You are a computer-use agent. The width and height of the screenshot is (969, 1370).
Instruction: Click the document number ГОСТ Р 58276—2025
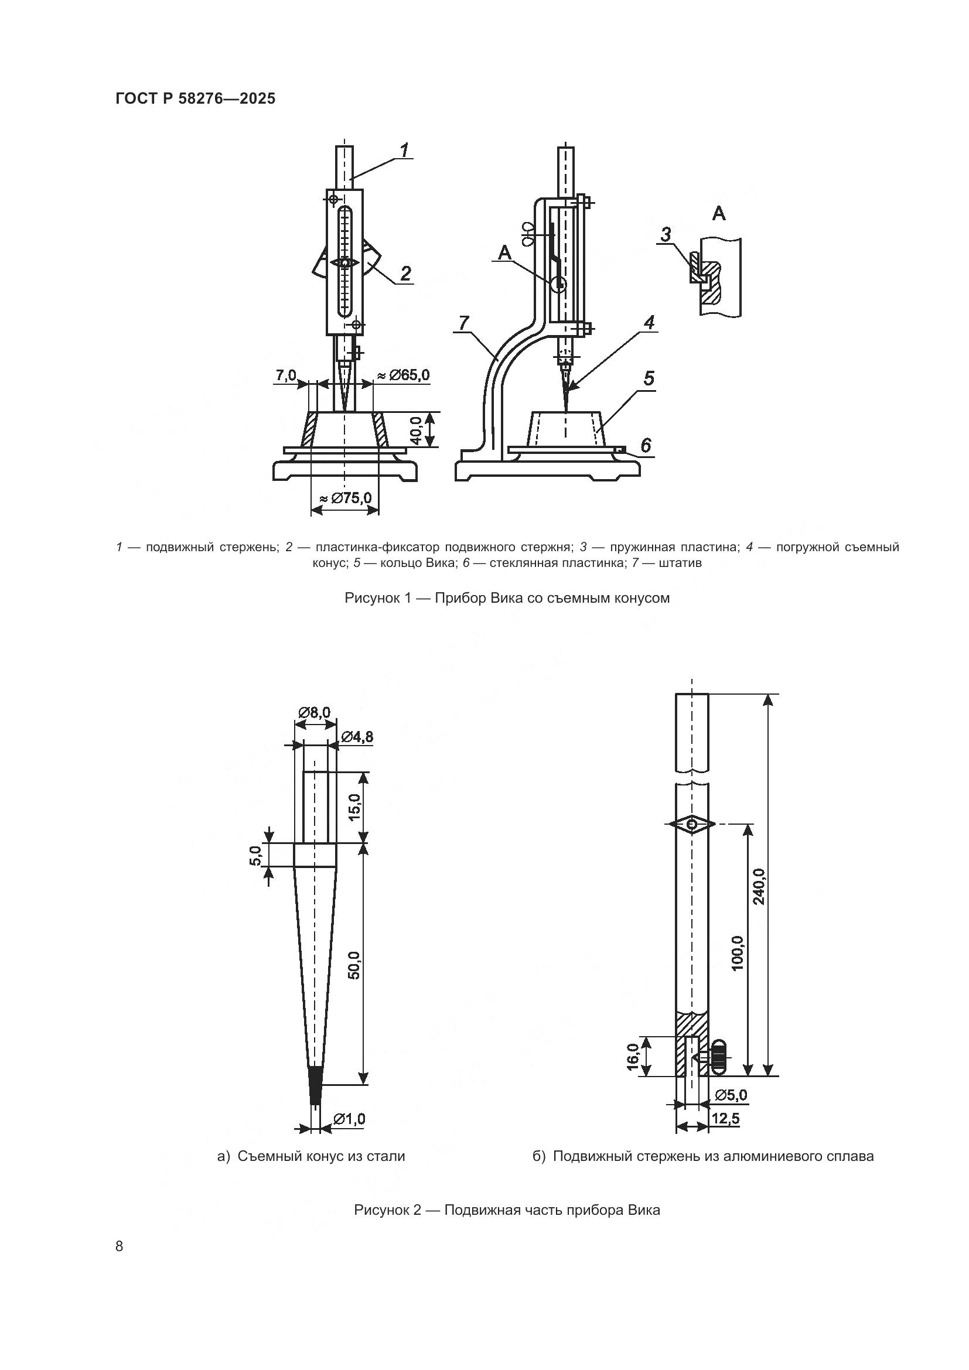195,98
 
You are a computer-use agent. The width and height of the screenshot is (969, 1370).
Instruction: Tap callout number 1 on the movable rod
404,151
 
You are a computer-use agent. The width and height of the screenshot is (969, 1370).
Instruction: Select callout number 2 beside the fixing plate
405,274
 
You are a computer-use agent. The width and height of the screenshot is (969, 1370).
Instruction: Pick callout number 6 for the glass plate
646,445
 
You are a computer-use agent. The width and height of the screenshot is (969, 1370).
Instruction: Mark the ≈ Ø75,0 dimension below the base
345,498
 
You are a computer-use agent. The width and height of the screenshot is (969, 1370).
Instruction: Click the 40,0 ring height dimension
416,431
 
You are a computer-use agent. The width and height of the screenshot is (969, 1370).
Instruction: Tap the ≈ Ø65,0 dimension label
403,375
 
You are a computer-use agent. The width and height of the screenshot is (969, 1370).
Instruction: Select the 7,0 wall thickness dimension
286,375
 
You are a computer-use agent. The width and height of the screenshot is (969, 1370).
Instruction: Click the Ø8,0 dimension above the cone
315,712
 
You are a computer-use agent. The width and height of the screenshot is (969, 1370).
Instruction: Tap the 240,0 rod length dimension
758,886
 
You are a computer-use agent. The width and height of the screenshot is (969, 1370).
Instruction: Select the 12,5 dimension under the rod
725,1119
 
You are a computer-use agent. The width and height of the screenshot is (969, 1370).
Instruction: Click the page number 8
120,1246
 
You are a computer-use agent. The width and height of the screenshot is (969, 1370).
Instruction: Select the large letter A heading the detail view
719,214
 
